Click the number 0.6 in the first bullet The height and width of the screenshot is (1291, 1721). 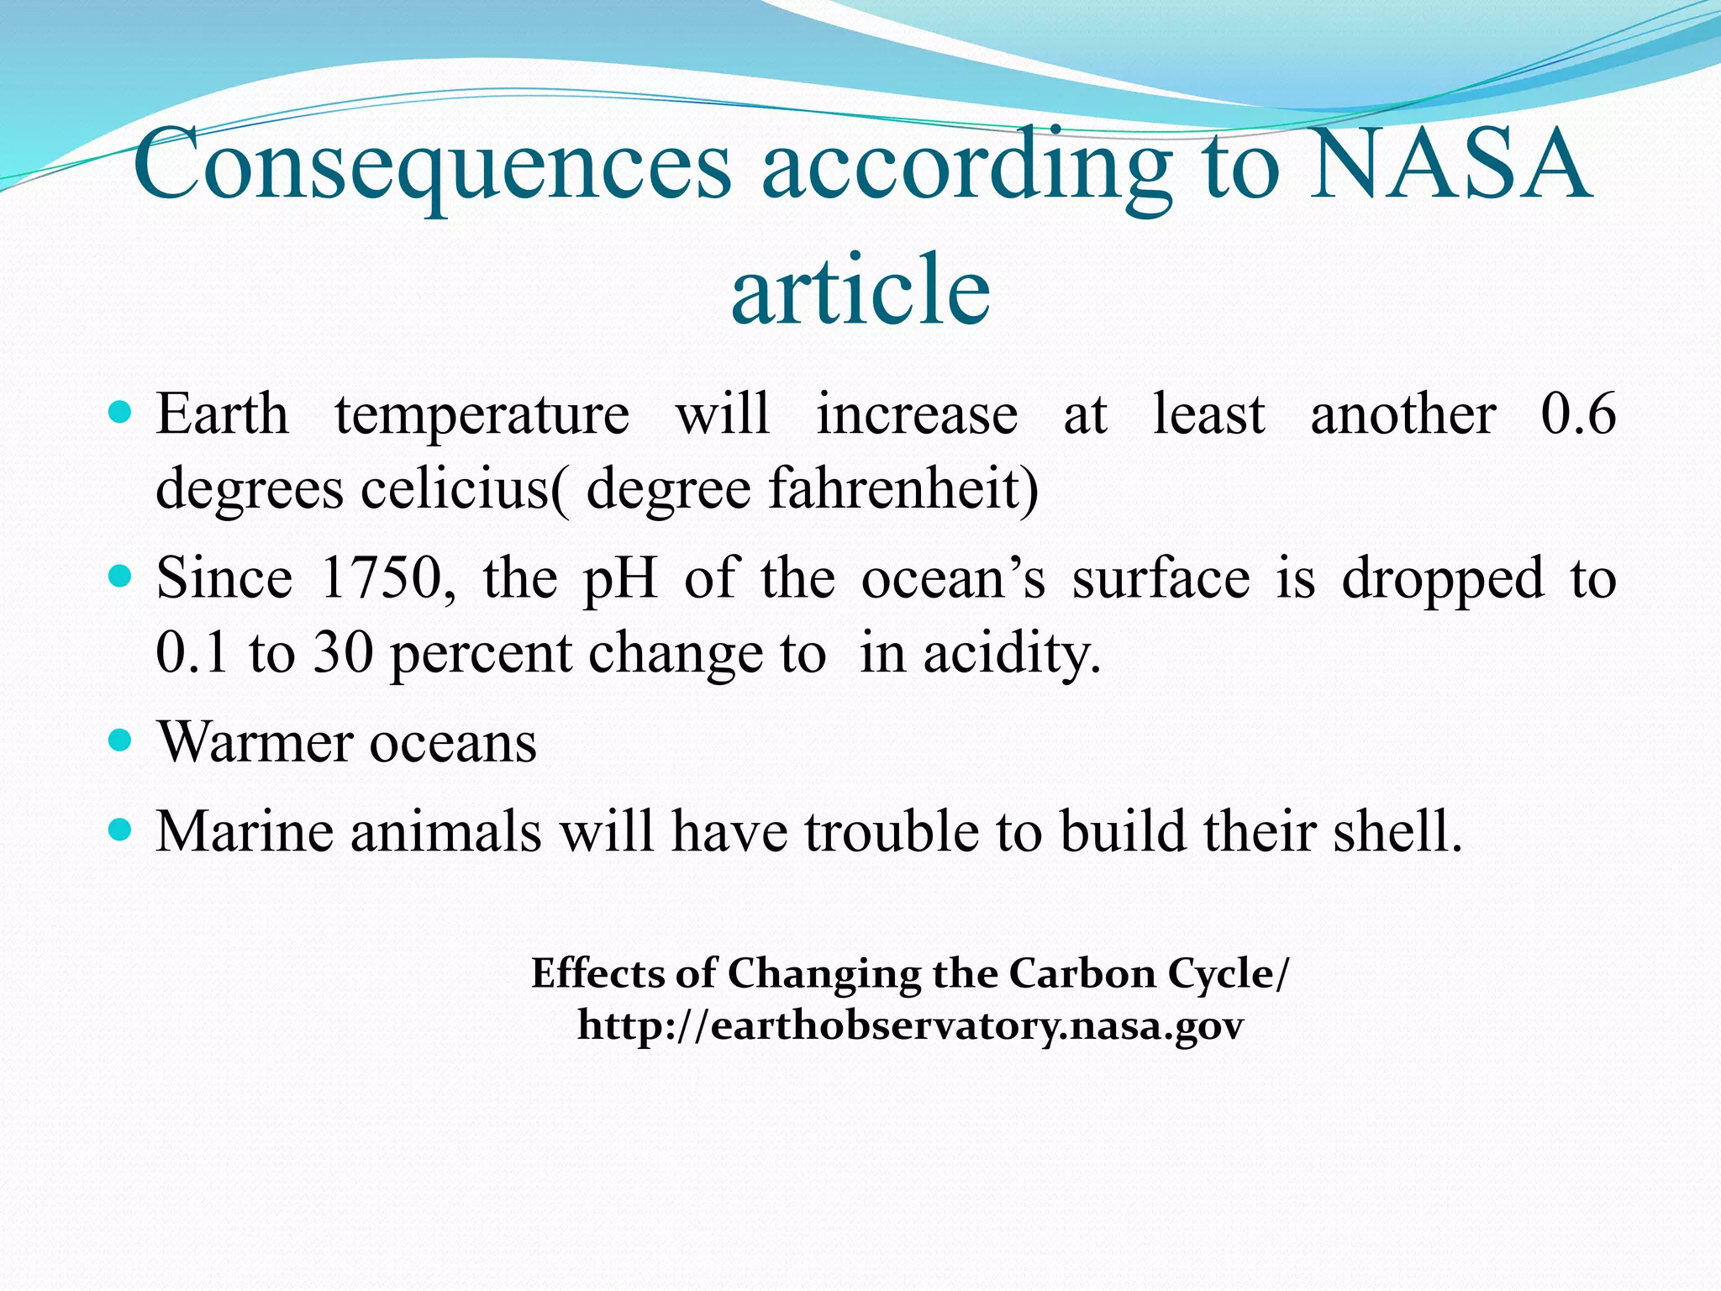tap(1577, 414)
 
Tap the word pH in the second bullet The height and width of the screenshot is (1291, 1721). tap(620, 580)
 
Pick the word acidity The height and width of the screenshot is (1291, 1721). tap(1011, 654)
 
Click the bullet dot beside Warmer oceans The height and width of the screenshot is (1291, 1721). tap(121, 740)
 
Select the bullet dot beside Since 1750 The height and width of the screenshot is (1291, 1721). tap(121, 577)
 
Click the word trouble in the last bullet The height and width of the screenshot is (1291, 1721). tap(893, 831)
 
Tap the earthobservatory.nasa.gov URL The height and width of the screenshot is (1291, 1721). tap(910, 1026)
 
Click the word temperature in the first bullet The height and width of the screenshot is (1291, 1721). tap(482, 414)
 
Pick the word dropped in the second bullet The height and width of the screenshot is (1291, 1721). tap(1442, 580)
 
